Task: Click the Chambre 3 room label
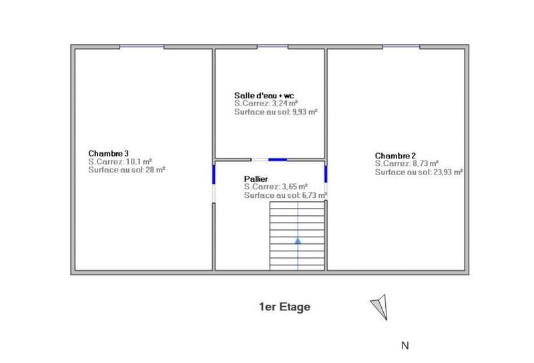click(108, 153)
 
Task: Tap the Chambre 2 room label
click(396, 155)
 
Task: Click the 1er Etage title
click(285, 308)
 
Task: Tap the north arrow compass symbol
click(379, 305)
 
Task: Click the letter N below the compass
click(404, 346)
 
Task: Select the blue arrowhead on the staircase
click(298, 239)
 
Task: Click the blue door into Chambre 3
click(214, 174)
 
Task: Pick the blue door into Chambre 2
click(326, 174)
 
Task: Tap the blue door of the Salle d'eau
click(277, 159)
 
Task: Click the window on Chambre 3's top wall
click(142, 46)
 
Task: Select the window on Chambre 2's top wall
click(401, 46)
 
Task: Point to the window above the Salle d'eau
click(272, 46)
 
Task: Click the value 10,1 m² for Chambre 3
click(138, 162)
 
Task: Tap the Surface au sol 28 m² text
click(127, 170)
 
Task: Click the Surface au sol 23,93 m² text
click(419, 172)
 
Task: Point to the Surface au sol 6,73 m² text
click(285, 195)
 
